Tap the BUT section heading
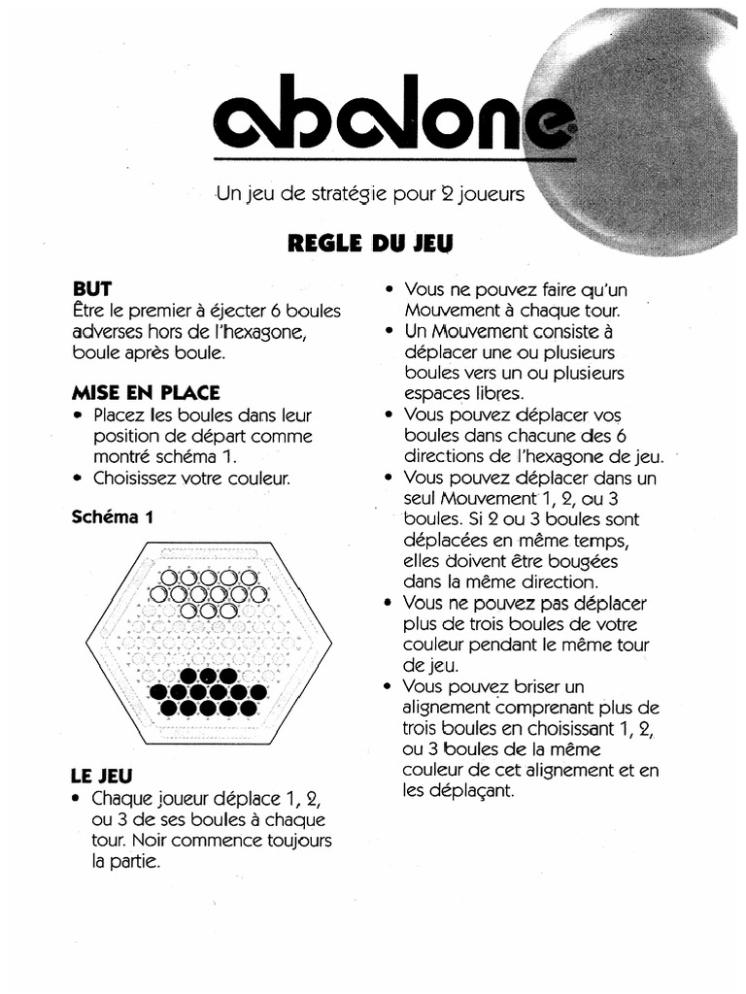tap(92, 288)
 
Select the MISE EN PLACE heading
tap(146, 393)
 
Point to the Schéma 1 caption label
tap(113, 517)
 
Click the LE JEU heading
tap(102, 776)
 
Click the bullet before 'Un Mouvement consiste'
tap(389, 332)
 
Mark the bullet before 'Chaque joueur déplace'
tap(77, 799)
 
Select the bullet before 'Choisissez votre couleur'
tap(77, 478)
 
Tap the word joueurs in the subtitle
tap(491, 194)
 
